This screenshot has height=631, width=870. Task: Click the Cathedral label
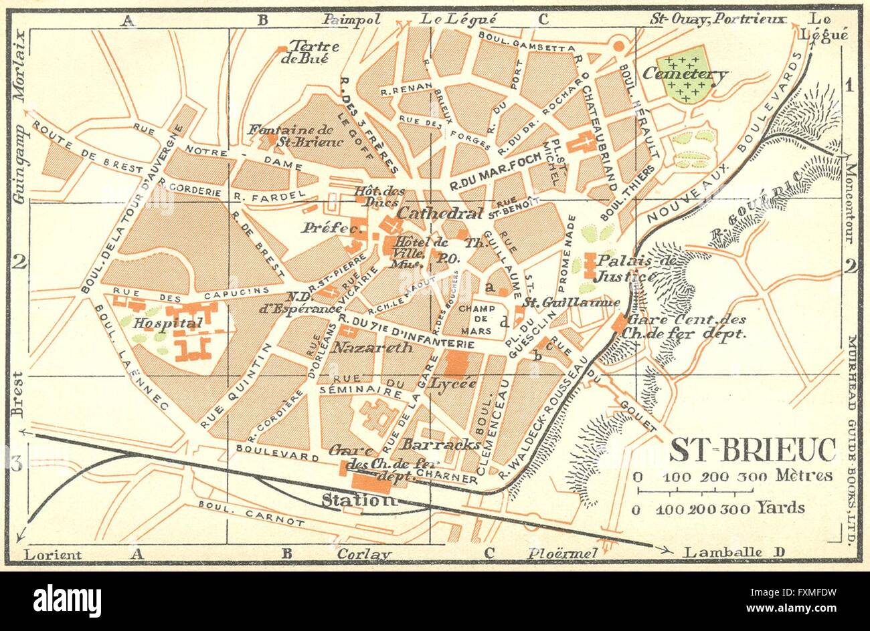(x=440, y=213)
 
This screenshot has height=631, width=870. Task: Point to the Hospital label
(x=159, y=324)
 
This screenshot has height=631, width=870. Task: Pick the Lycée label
(x=453, y=383)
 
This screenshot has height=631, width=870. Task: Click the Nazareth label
(x=363, y=348)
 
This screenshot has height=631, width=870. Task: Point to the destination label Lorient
(x=53, y=554)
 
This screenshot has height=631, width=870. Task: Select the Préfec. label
(x=324, y=227)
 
